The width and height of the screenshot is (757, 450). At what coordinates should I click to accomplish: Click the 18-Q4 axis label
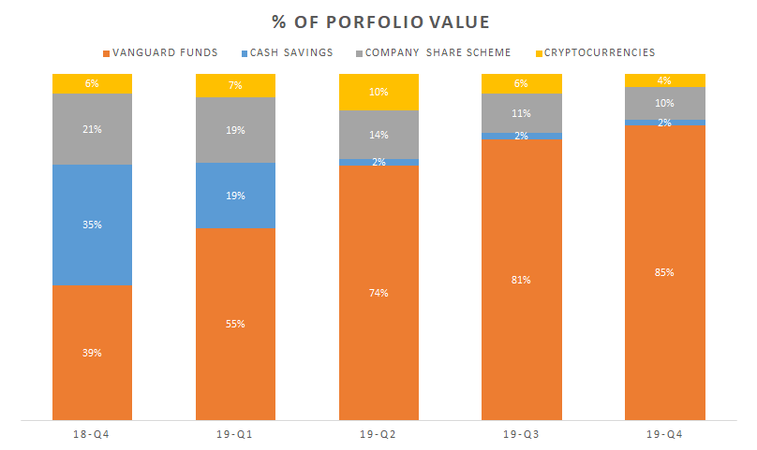(x=92, y=435)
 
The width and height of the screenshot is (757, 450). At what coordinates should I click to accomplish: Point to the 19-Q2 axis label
(x=378, y=435)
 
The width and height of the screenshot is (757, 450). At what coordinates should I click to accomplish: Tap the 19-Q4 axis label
(x=664, y=435)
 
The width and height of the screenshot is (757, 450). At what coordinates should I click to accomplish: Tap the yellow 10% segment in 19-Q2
(x=378, y=92)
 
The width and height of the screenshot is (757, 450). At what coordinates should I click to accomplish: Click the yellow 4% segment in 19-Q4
(x=664, y=80)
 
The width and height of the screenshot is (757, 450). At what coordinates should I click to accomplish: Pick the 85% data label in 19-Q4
(x=664, y=272)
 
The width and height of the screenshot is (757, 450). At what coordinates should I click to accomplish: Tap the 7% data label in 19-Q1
(x=235, y=85)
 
